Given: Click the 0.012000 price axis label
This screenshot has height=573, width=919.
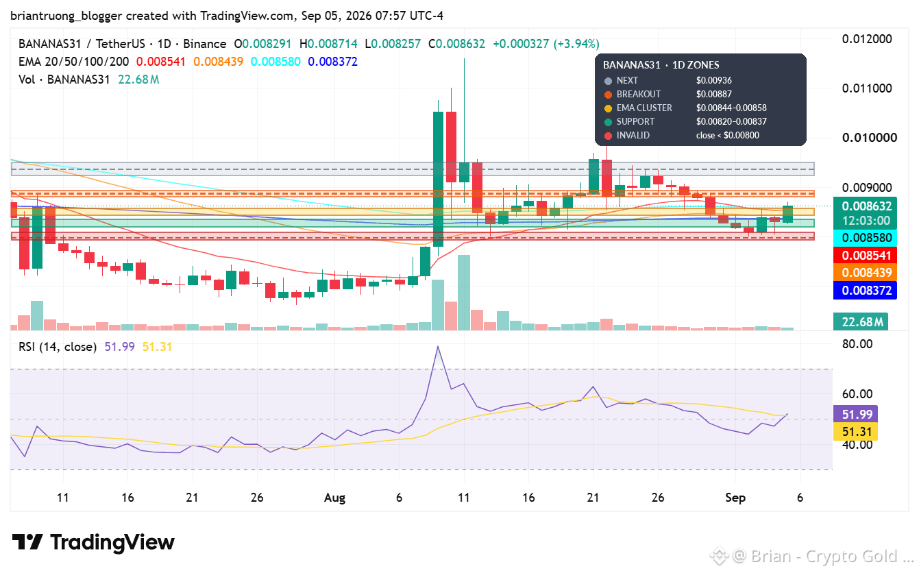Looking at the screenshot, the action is click(x=866, y=39).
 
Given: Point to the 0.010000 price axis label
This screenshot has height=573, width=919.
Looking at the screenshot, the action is click(x=870, y=138).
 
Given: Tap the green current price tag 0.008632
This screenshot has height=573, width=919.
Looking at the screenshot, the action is click(x=866, y=206).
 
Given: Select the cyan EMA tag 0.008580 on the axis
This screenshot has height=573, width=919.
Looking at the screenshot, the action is click(x=866, y=238).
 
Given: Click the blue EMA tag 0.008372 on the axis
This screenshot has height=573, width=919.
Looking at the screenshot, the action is click(x=866, y=291).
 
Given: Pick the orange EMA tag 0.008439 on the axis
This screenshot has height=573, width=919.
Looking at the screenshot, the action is click(x=866, y=273).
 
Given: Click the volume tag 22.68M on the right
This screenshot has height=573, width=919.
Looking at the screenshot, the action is click(x=861, y=322).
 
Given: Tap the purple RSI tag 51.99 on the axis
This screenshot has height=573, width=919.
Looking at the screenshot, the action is click(x=857, y=414).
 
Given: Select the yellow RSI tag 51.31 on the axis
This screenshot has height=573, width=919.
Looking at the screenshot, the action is click(x=857, y=432).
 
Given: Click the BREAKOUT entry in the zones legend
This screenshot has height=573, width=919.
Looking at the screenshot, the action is click(x=638, y=95).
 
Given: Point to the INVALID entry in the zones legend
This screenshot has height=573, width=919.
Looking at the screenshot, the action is click(x=633, y=136).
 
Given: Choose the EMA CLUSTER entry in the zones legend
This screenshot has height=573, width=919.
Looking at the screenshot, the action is click(x=644, y=108).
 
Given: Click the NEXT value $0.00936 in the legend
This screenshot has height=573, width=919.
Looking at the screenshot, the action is click(x=714, y=80).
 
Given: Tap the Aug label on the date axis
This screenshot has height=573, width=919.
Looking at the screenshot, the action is click(x=335, y=498).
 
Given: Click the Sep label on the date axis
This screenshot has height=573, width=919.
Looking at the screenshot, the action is click(x=735, y=498).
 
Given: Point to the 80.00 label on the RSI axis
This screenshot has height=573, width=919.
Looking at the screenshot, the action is click(x=857, y=344).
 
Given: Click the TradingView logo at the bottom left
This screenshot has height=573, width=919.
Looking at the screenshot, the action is click(x=93, y=542).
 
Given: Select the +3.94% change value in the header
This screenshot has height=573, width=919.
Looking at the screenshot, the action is click(x=576, y=44).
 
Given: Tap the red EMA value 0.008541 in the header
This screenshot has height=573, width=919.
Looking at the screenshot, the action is click(x=161, y=62).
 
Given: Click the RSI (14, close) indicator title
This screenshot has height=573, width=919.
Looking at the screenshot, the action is click(x=58, y=348).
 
